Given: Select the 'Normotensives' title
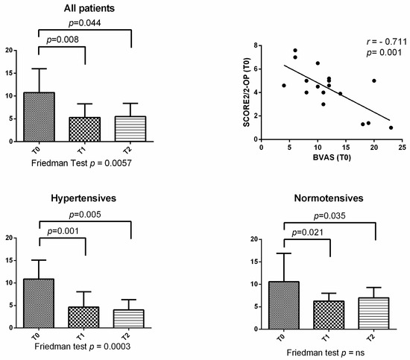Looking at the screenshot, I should pyautogui.click(x=328, y=200).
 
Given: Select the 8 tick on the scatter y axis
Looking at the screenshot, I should pyautogui.click(x=254, y=45).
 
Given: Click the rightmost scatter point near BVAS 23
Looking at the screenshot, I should pyautogui.click(x=391, y=127).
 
